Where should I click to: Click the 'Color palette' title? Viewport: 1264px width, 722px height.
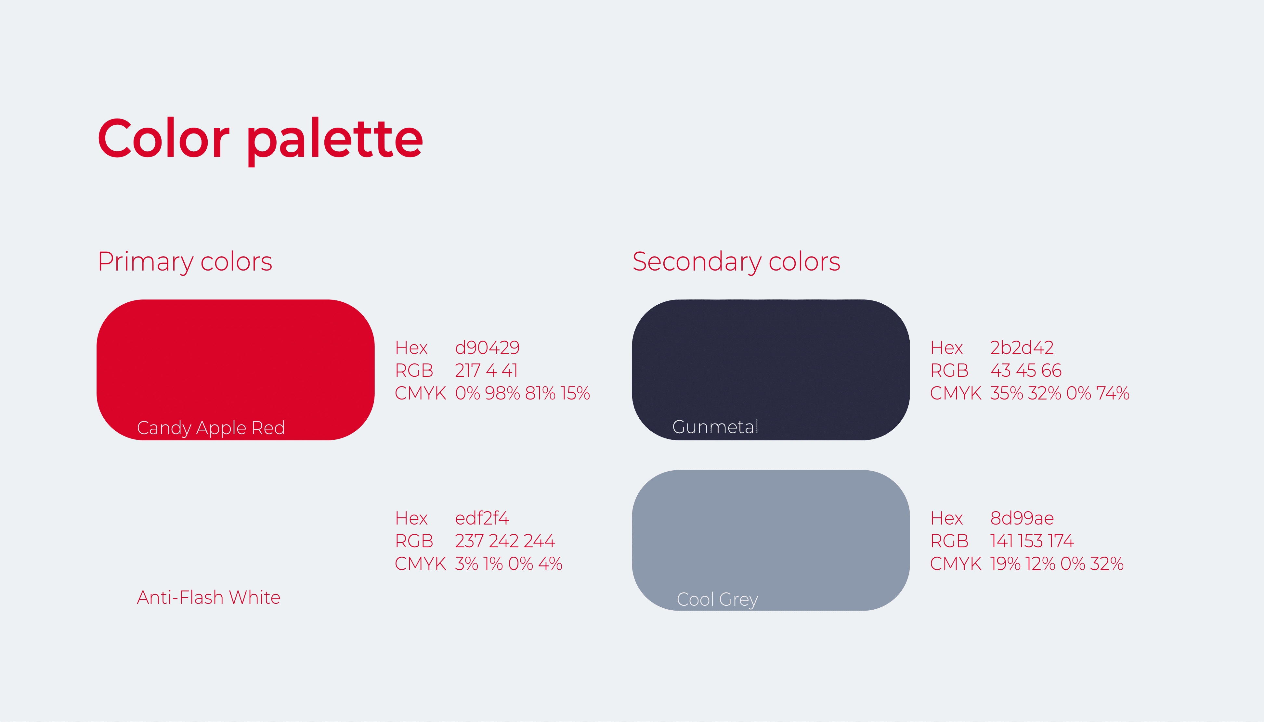pyautogui.click(x=260, y=141)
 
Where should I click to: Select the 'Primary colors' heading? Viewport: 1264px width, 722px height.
pyautogui.click(x=185, y=262)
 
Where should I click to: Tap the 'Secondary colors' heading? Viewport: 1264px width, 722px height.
pyautogui.click(x=736, y=262)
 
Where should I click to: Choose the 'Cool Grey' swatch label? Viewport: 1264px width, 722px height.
pyautogui.click(x=717, y=600)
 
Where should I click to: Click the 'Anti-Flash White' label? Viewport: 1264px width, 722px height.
pyautogui.click(x=208, y=598)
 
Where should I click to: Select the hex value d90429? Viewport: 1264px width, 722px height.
pyautogui.click(x=487, y=348)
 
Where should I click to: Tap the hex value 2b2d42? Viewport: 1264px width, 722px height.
pyautogui.click(x=1022, y=348)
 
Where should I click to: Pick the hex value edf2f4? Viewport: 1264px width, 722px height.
pyautogui.click(x=482, y=518)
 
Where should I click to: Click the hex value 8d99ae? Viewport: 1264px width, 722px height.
pyautogui.click(x=1022, y=518)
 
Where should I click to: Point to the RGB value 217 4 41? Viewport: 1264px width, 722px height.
pyautogui.click(x=486, y=371)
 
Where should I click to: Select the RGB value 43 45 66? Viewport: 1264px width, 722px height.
pyautogui.click(x=1026, y=371)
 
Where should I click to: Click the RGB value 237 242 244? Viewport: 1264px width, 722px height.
pyautogui.click(x=505, y=541)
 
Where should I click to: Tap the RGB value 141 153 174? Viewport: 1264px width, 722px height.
pyautogui.click(x=1032, y=541)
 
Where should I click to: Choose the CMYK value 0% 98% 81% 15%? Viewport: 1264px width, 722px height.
pyautogui.click(x=522, y=393)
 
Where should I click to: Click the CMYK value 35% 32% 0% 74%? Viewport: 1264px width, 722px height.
pyautogui.click(x=1060, y=393)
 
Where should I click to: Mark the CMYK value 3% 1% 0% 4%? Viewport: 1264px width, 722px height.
pyautogui.click(x=508, y=564)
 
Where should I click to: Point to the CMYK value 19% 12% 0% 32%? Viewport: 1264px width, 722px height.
pyautogui.click(x=1057, y=564)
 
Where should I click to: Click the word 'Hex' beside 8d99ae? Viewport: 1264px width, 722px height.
pyautogui.click(x=946, y=518)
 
